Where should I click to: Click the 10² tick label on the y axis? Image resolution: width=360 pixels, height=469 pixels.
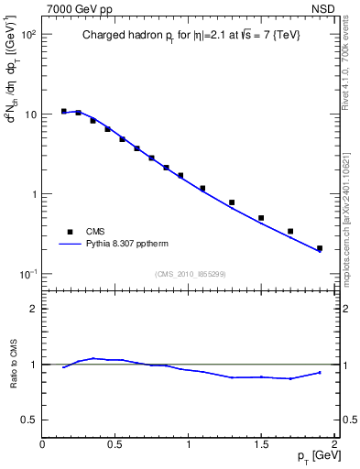(27, 35)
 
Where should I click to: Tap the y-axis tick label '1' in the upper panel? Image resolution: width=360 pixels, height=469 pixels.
(33, 195)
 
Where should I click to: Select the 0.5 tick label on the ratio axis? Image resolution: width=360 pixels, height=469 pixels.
(28, 420)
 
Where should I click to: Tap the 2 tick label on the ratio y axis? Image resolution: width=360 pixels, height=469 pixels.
(33, 309)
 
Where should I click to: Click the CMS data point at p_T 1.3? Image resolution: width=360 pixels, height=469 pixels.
(232, 202)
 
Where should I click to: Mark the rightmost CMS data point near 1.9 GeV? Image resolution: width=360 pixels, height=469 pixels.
(320, 248)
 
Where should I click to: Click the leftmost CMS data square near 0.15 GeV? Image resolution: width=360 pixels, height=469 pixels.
(64, 111)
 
